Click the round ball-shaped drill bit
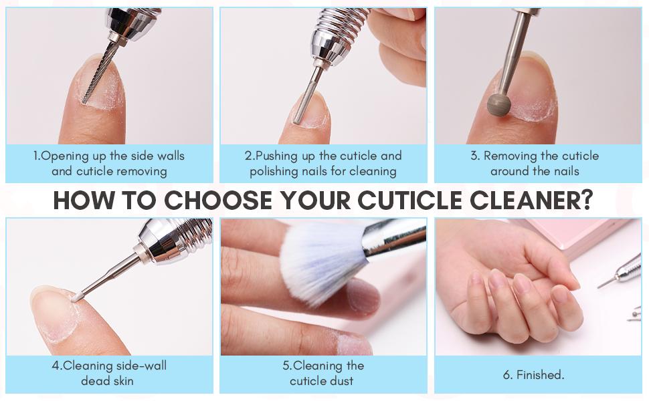(498, 104)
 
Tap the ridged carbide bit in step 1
(98, 74)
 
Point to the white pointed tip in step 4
(76, 297)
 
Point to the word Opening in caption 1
(65, 156)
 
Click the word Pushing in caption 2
(277, 156)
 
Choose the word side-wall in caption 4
(142, 366)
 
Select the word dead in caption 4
(95, 381)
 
